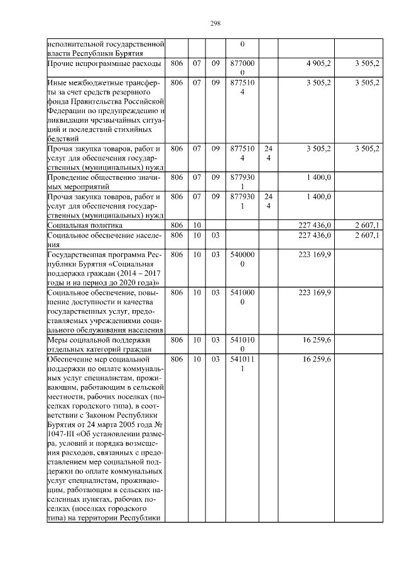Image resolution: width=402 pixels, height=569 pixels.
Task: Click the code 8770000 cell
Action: point(242,68)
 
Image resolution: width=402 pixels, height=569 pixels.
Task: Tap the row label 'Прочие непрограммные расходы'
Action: point(104,64)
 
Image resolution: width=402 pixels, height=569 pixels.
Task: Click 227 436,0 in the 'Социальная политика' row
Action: point(314,224)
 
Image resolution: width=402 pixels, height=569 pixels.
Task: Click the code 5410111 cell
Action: point(242,363)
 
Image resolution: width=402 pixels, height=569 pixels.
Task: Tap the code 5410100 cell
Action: point(242,345)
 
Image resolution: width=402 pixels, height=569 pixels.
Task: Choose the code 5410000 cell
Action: point(242,297)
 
